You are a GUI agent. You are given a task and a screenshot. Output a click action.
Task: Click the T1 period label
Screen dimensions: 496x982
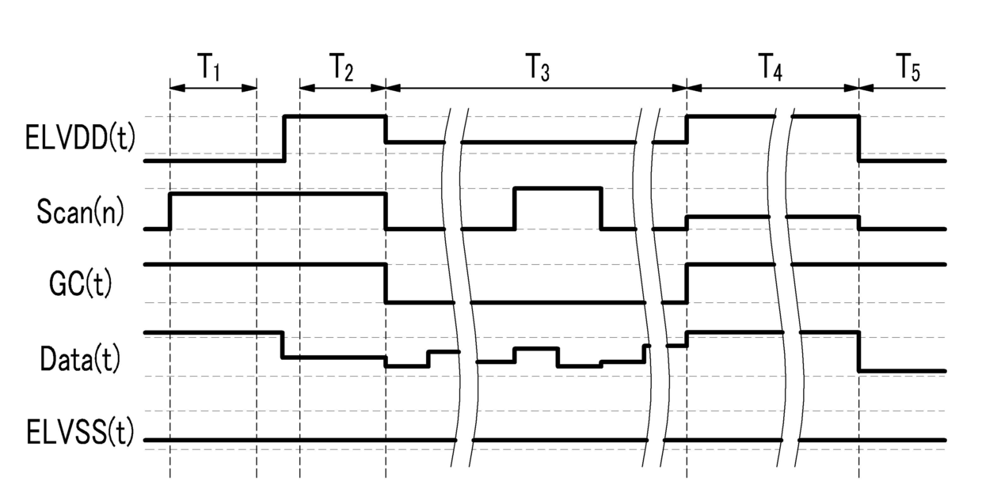click(x=208, y=69)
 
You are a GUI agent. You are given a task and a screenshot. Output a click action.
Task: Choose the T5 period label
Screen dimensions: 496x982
click(x=908, y=69)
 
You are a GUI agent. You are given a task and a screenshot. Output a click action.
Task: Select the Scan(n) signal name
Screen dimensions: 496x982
click(x=80, y=211)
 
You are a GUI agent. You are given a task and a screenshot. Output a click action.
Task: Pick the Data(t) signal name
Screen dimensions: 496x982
click(x=80, y=358)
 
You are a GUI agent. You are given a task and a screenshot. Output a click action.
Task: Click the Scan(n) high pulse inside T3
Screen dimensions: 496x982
click(x=558, y=188)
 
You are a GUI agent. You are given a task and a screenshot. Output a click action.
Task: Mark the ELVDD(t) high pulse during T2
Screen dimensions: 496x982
click(x=335, y=116)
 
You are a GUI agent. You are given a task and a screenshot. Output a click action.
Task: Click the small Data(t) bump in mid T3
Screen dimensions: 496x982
click(x=536, y=348)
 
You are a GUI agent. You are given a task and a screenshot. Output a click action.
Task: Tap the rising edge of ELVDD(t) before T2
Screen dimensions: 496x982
click(x=285, y=138)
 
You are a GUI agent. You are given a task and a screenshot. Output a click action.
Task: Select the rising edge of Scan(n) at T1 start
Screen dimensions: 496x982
click(x=170, y=210)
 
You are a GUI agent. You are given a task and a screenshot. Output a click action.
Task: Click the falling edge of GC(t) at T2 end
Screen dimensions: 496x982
click(x=386, y=283)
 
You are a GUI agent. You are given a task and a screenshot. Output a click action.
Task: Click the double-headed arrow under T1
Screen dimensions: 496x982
click(x=213, y=88)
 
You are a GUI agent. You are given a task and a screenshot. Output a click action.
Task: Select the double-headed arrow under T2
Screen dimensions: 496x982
click(x=342, y=88)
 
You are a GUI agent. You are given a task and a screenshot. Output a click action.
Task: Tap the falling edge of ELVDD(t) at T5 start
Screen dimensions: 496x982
click(x=859, y=138)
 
